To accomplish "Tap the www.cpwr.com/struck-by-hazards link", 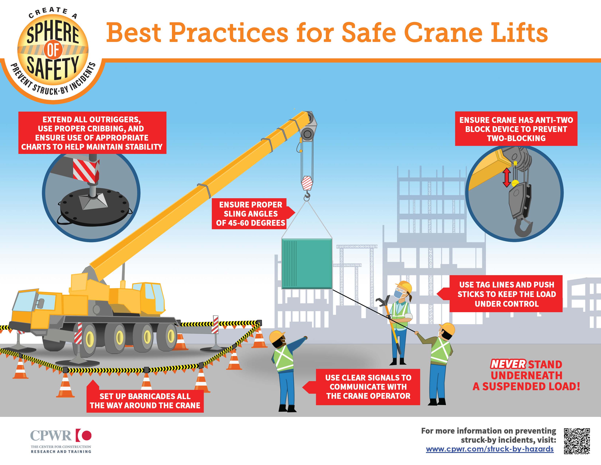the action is [x=490, y=449].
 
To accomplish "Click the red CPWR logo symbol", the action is [x=84, y=435].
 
